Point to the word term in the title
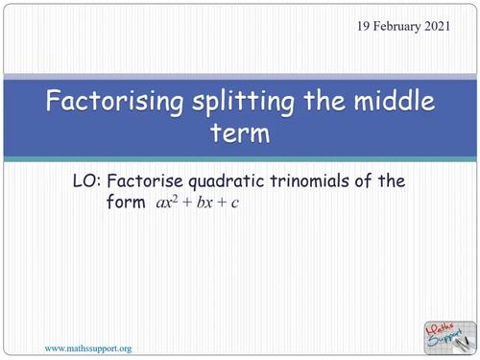click(240, 132)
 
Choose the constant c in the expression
click(233, 204)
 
